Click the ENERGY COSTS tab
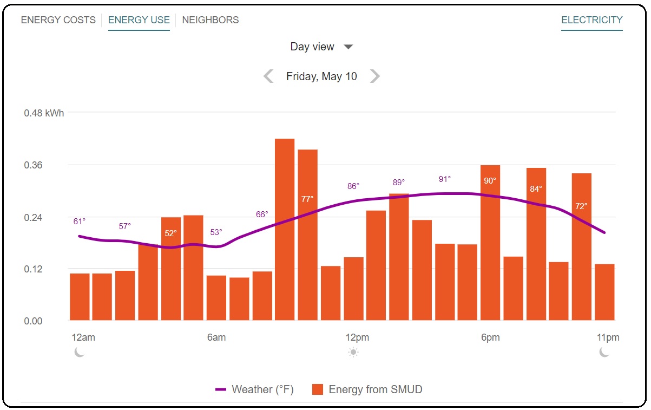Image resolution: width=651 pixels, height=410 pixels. pyautogui.click(x=58, y=20)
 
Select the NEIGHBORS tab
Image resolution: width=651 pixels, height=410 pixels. pyautogui.click(x=210, y=20)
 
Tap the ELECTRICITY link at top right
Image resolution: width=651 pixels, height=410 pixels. pyautogui.click(x=591, y=20)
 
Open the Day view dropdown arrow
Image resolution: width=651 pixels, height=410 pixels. pyautogui.click(x=348, y=47)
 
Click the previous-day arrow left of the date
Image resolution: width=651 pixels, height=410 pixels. pyautogui.click(x=268, y=76)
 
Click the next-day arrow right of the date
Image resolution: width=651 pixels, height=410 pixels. pyautogui.click(x=374, y=76)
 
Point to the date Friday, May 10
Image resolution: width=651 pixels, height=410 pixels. pyautogui.click(x=321, y=76)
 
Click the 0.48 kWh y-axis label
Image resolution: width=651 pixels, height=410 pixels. pyautogui.click(x=44, y=113)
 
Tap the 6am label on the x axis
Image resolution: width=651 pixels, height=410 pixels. pyautogui.click(x=216, y=337)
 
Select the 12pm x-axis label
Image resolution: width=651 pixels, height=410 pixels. pyautogui.click(x=357, y=337)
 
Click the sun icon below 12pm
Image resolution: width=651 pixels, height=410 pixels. pyautogui.click(x=353, y=353)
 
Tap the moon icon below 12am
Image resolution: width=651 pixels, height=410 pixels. pyautogui.click(x=80, y=353)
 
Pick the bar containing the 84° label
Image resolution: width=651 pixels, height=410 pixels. pyautogui.click(x=536, y=244)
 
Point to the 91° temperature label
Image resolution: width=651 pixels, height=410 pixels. pyautogui.click(x=444, y=179)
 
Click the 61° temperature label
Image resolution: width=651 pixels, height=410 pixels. pyautogui.click(x=80, y=221)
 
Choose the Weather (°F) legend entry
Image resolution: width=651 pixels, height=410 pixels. pyautogui.click(x=254, y=389)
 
